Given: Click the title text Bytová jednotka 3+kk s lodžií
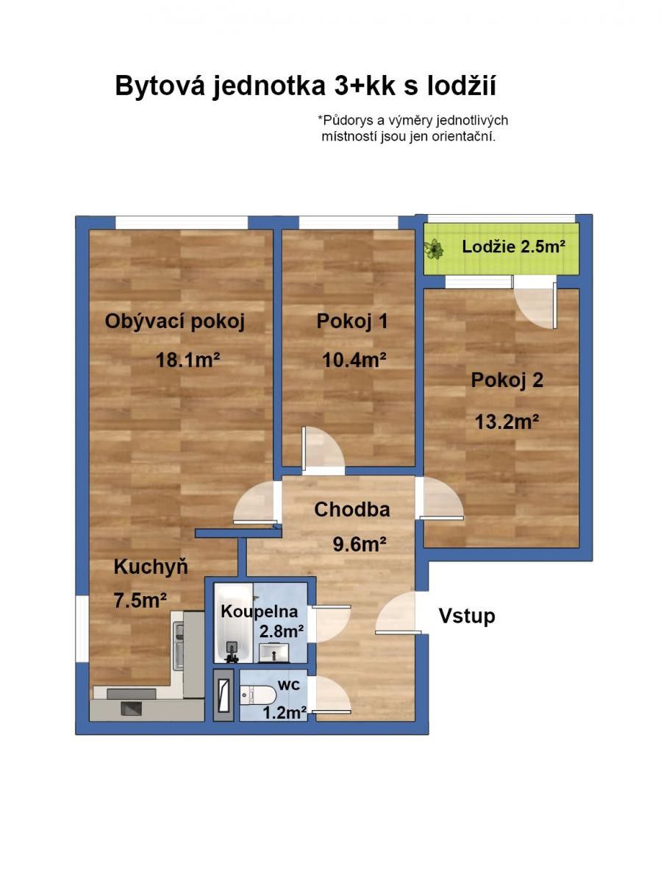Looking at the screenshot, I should click(x=305, y=86).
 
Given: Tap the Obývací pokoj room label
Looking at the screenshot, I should click(x=174, y=322).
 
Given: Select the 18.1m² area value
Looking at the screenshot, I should click(x=188, y=360).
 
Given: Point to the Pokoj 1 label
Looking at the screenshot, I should click(x=352, y=322).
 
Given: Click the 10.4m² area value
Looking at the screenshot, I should click(x=354, y=360).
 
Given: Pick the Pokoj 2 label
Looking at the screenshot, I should click(x=507, y=380).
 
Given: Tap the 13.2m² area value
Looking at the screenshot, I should click(x=507, y=422).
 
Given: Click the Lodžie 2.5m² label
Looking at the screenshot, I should click(x=513, y=247).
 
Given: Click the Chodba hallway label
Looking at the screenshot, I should click(x=352, y=509).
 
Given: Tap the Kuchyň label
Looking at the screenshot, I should click(x=151, y=567).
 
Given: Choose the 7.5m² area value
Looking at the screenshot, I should click(x=140, y=600).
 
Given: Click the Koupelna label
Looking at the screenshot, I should click(x=260, y=611).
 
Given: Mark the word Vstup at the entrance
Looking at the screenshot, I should click(x=467, y=616).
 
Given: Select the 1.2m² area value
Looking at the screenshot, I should click(x=285, y=712).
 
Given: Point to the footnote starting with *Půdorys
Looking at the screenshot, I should click(x=412, y=128).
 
